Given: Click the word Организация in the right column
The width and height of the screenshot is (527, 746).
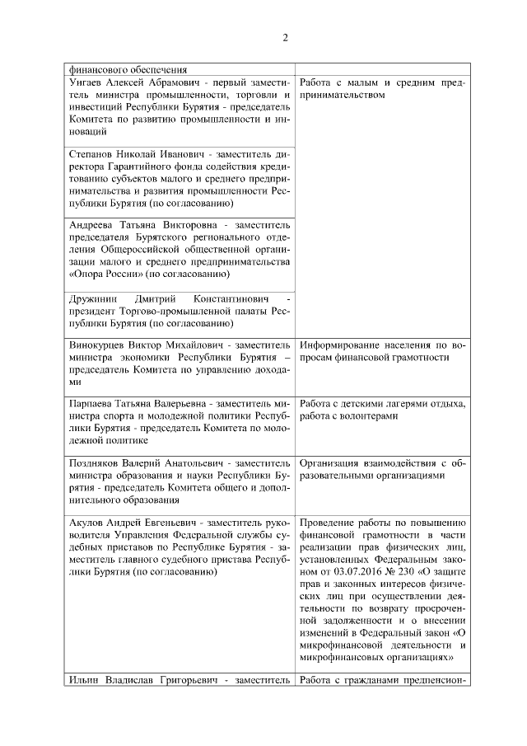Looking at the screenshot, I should (334, 464).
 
